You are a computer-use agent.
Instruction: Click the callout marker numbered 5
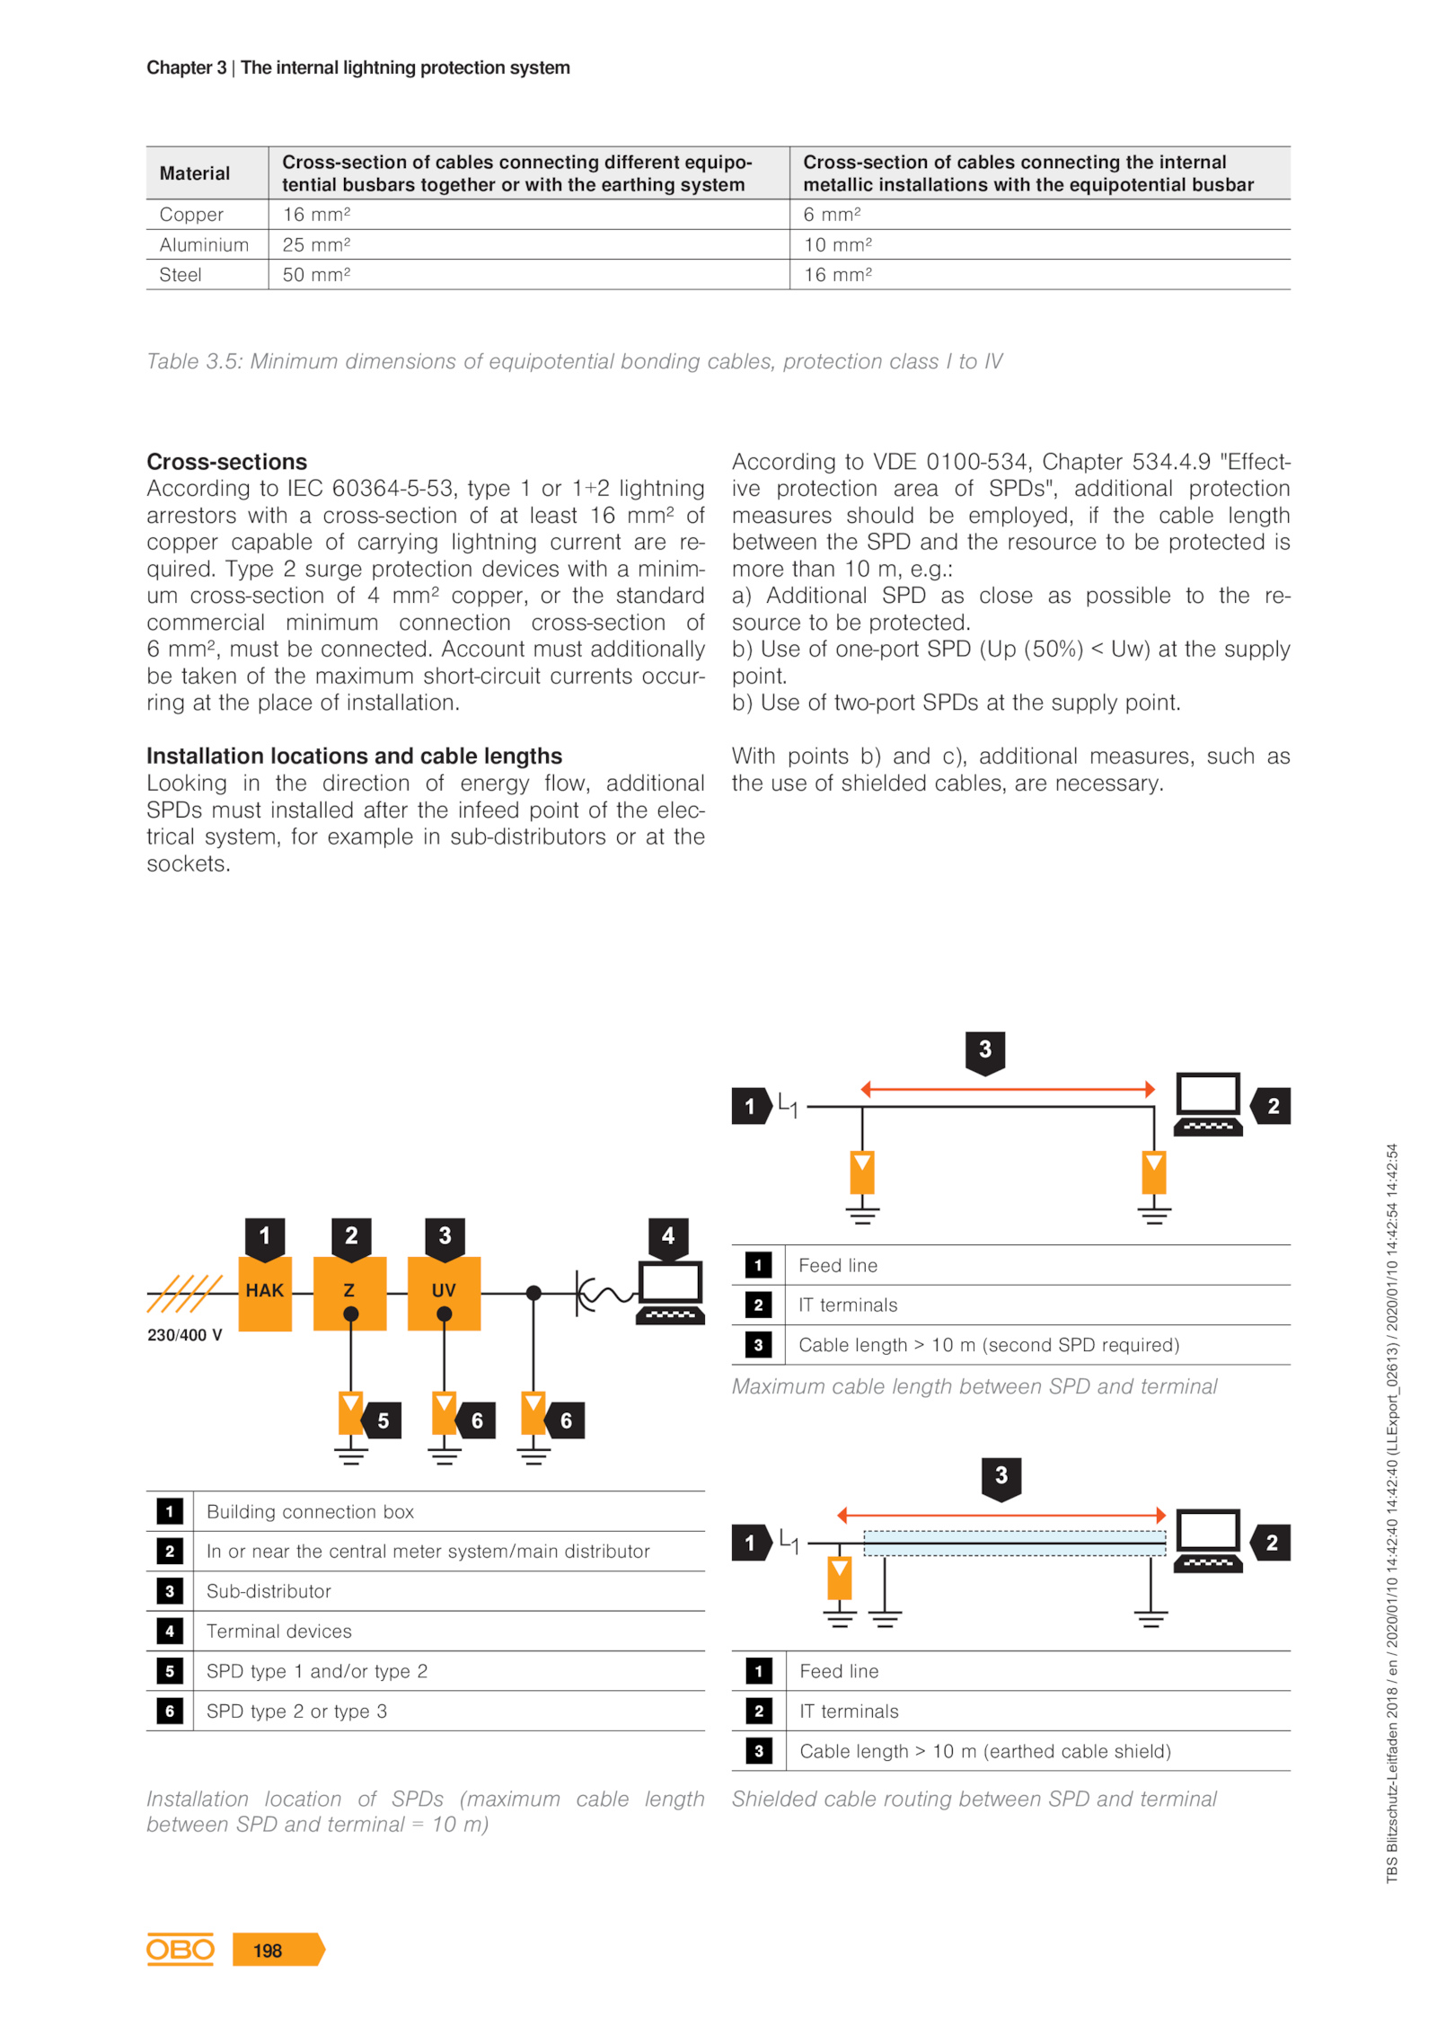click(381, 1420)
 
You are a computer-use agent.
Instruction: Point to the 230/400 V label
click(184, 1334)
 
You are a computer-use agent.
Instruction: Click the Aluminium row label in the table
click(204, 244)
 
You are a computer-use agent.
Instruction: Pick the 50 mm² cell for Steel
click(316, 275)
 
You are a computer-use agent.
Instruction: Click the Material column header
click(194, 173)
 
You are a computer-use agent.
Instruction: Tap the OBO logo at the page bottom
click(180, 1948)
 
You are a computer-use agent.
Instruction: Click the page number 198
click(268, 1950)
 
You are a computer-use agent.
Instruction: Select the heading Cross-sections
click(226, 461)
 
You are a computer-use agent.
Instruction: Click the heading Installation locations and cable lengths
click(354, 755)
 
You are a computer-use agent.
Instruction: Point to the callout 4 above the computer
click(666, 1235)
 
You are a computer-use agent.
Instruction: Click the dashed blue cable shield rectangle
click(1013, 1542)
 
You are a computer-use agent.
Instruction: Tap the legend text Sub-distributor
click(269, 1590)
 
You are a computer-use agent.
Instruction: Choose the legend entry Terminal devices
click(278, 1630)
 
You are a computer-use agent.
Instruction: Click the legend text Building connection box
click(310, 1511)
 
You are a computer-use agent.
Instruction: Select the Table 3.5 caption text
click(574, 361)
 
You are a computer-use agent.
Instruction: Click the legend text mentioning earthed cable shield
click(984, 1750)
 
